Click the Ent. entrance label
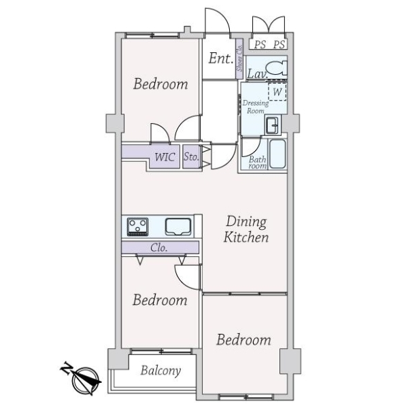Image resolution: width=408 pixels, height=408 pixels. point(220,58)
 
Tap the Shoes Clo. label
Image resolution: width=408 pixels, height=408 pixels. point(239,58)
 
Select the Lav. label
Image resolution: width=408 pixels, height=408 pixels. point(257,73)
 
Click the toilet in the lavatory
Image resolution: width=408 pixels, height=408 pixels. point(277,68)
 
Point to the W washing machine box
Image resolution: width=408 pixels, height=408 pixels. point(277,91)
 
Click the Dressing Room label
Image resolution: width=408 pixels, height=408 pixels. point(256,107)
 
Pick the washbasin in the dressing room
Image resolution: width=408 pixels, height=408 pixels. point(272,125)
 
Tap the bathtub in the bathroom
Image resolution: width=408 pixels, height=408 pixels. point(277,154)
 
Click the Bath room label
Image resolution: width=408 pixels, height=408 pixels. point(257,163)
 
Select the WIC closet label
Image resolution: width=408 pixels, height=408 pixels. point(165,157)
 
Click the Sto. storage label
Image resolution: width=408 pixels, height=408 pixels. point(191,156)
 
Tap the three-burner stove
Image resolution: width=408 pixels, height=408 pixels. point(137,227)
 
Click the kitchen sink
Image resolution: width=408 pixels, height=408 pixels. point(178,226)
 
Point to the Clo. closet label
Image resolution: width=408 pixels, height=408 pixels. point(158,248)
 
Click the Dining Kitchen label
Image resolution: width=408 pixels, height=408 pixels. point(246,229)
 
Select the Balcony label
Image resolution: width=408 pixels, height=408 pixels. point(160,371)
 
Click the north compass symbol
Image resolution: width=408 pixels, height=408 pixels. point(86,380)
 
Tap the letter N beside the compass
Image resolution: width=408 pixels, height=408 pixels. point(67,367)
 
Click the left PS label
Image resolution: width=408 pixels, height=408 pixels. point(260,44)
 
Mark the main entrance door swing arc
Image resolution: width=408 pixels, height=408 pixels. point(222,14)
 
